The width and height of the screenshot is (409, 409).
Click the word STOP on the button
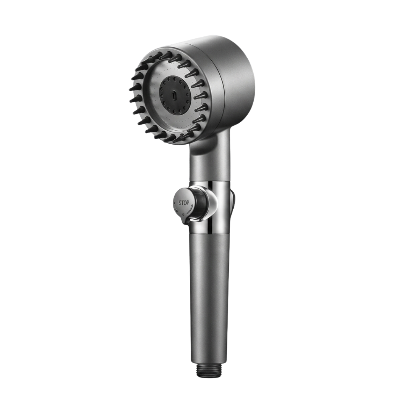pyautogui.click(x=184, y=203)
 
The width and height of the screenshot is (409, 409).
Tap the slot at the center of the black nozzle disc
pyautogui.click(x=173, y=95)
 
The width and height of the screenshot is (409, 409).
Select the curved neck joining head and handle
pyautogui.click(x=209, y=154)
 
